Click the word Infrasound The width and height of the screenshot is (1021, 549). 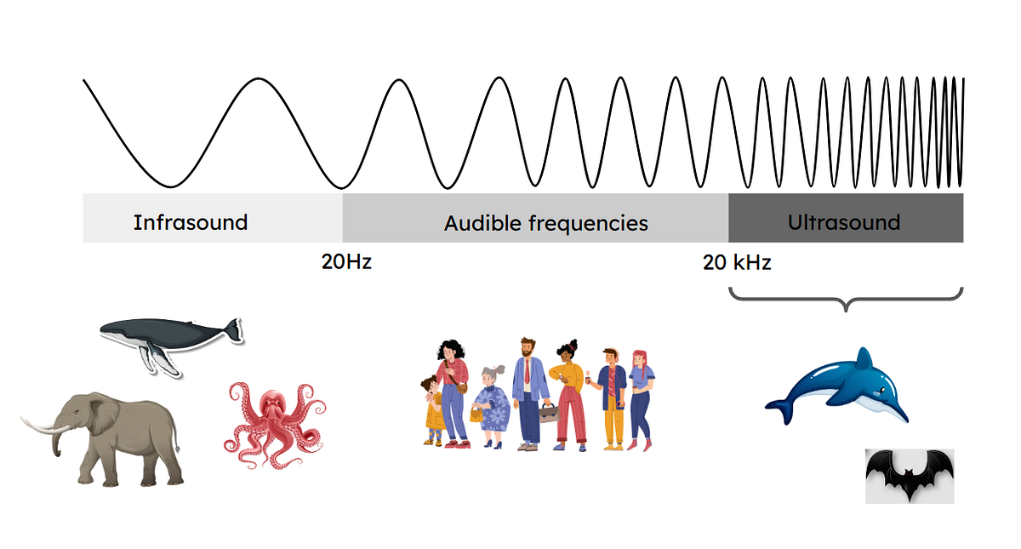click(190, 223)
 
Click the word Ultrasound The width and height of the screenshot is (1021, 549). click(843, 223)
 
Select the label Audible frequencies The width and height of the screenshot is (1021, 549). click(545, 224)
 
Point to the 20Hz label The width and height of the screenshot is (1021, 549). click(346, 262)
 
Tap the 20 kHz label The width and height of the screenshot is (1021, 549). click(737, 262)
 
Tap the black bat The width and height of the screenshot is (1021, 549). click(909, 473)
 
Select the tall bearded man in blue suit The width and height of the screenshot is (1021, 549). click(530, 387)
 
